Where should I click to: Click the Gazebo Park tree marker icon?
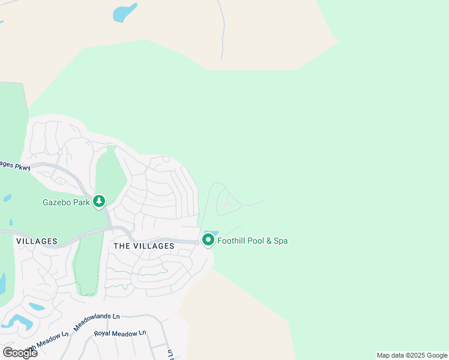99,202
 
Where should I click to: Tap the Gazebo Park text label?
66,202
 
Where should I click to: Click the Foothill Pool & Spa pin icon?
208,240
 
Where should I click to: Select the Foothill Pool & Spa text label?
252,241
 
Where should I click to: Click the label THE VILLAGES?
144,246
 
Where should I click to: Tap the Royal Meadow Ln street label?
120,333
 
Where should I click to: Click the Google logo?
20,352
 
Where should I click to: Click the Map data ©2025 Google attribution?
412,355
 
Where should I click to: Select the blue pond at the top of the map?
125,13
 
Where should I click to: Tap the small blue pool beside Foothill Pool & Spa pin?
212,233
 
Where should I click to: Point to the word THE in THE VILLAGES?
122,246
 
